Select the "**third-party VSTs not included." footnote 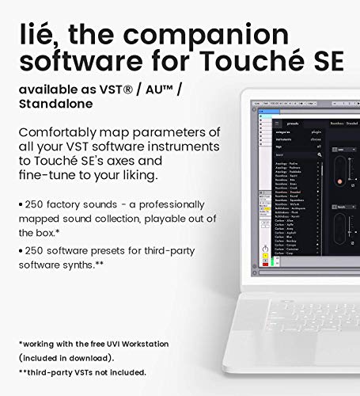point(83,372)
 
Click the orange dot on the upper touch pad point(341,182)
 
